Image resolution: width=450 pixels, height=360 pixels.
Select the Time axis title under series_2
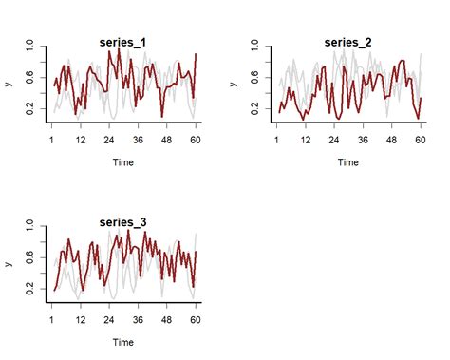pos(347,162)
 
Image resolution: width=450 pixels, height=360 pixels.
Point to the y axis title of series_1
pos(9,84)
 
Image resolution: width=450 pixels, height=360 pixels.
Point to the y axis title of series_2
pos(234,84)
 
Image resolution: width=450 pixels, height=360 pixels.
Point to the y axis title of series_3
pos(9,262)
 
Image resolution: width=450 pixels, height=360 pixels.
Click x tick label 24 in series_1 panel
pos(109,140)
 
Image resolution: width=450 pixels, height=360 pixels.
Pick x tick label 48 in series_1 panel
pos(167,140)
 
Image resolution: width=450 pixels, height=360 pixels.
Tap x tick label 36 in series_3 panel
pos(139,319)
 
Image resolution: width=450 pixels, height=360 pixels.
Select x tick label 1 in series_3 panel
pos(52,319)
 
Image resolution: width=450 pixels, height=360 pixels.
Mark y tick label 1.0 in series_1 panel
pos(30,45)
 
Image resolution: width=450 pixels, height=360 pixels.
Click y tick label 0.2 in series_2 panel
pos(255,112)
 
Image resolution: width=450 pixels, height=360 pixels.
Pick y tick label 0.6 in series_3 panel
pos(30,257)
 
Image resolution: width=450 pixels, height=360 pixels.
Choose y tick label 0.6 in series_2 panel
pos(255,79)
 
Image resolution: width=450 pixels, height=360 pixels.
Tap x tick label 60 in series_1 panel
pos(196,140)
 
